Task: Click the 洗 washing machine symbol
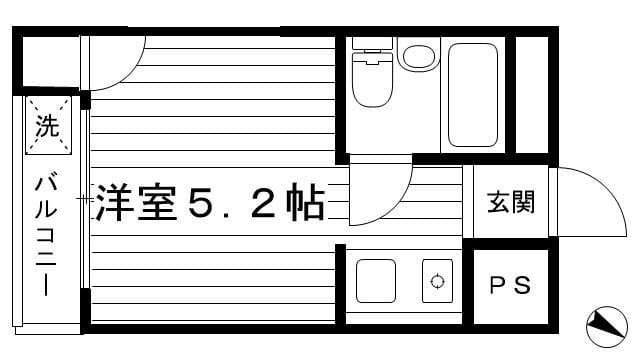[48, 126]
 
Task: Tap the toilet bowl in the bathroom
[373, 90]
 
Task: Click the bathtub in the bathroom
[473, 94]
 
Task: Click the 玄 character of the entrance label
[498, 203]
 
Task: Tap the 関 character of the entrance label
[523, 203]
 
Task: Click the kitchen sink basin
[377, 281]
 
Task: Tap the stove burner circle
[437, 281]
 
